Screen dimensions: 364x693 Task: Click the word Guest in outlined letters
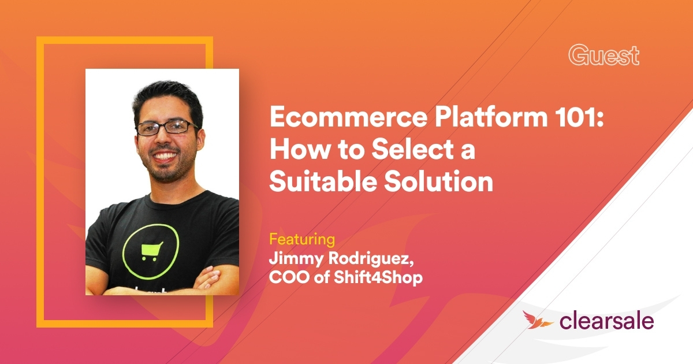coord(603,55)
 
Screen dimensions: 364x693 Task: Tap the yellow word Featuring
coord(302,239)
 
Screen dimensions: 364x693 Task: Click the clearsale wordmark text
coord(606,321)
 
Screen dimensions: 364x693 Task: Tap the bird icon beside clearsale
coord(535,320)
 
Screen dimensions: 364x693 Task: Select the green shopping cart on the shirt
coord(151,249)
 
